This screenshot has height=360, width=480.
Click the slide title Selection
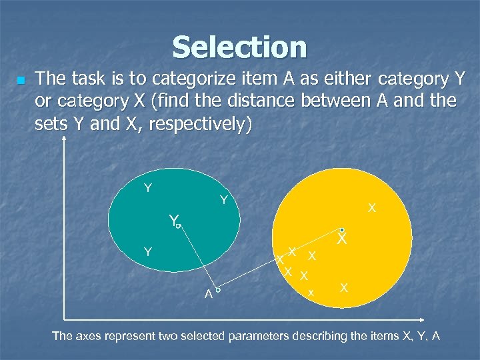[x=239, y=47]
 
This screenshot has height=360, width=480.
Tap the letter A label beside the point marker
[x=209, y=294]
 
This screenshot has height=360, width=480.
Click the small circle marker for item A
[x=218, y=291]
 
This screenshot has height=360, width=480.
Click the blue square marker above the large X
[x=341, y=229]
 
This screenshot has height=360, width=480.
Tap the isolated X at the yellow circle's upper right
[x=372, y=209]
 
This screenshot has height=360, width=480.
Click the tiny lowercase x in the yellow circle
[x=311, y=293]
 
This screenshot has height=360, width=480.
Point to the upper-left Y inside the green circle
[x=148, y=188]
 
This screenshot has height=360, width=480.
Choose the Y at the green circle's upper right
[x=224, y=200]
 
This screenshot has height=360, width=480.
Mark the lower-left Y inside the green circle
[x=148, y=252]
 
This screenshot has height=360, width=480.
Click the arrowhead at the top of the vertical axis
[x=64, y=139]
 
